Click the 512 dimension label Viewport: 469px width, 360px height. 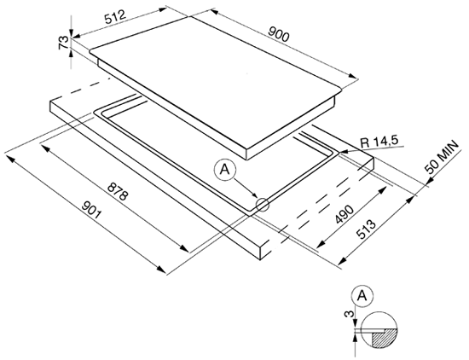[x=115, y=17]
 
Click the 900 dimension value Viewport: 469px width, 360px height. [x=279, y=34]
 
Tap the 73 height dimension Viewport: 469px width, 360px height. [x=63, y=42]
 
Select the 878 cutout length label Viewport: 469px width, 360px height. [x=118, y=192]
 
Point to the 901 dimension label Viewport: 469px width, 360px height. [x=92, y=210]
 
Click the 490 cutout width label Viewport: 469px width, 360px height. [x=345, y=215]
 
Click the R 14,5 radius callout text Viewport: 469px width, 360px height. [x=379, y=141]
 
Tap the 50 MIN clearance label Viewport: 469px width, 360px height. [x=442, y=158]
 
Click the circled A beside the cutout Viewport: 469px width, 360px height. [x=224, y=170]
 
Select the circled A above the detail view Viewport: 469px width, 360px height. [x=362, y=296]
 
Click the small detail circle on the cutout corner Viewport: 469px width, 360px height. [x=263, y=205]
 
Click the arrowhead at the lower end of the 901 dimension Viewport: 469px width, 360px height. [x=162, y=270]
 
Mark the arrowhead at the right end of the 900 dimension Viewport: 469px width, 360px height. [x=354, y=76]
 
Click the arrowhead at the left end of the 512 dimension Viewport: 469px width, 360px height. [x=76, y=36]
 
